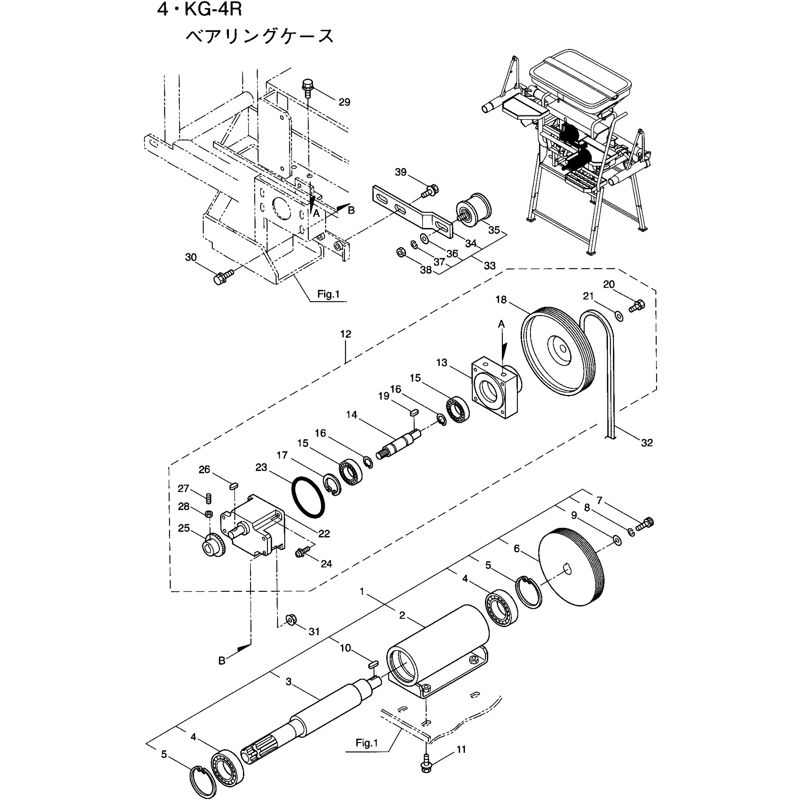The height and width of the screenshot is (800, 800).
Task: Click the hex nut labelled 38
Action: tap(401, 251)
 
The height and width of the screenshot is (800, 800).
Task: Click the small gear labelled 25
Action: tap(214, 546)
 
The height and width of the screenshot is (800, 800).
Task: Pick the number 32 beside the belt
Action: tap(647, 443)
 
